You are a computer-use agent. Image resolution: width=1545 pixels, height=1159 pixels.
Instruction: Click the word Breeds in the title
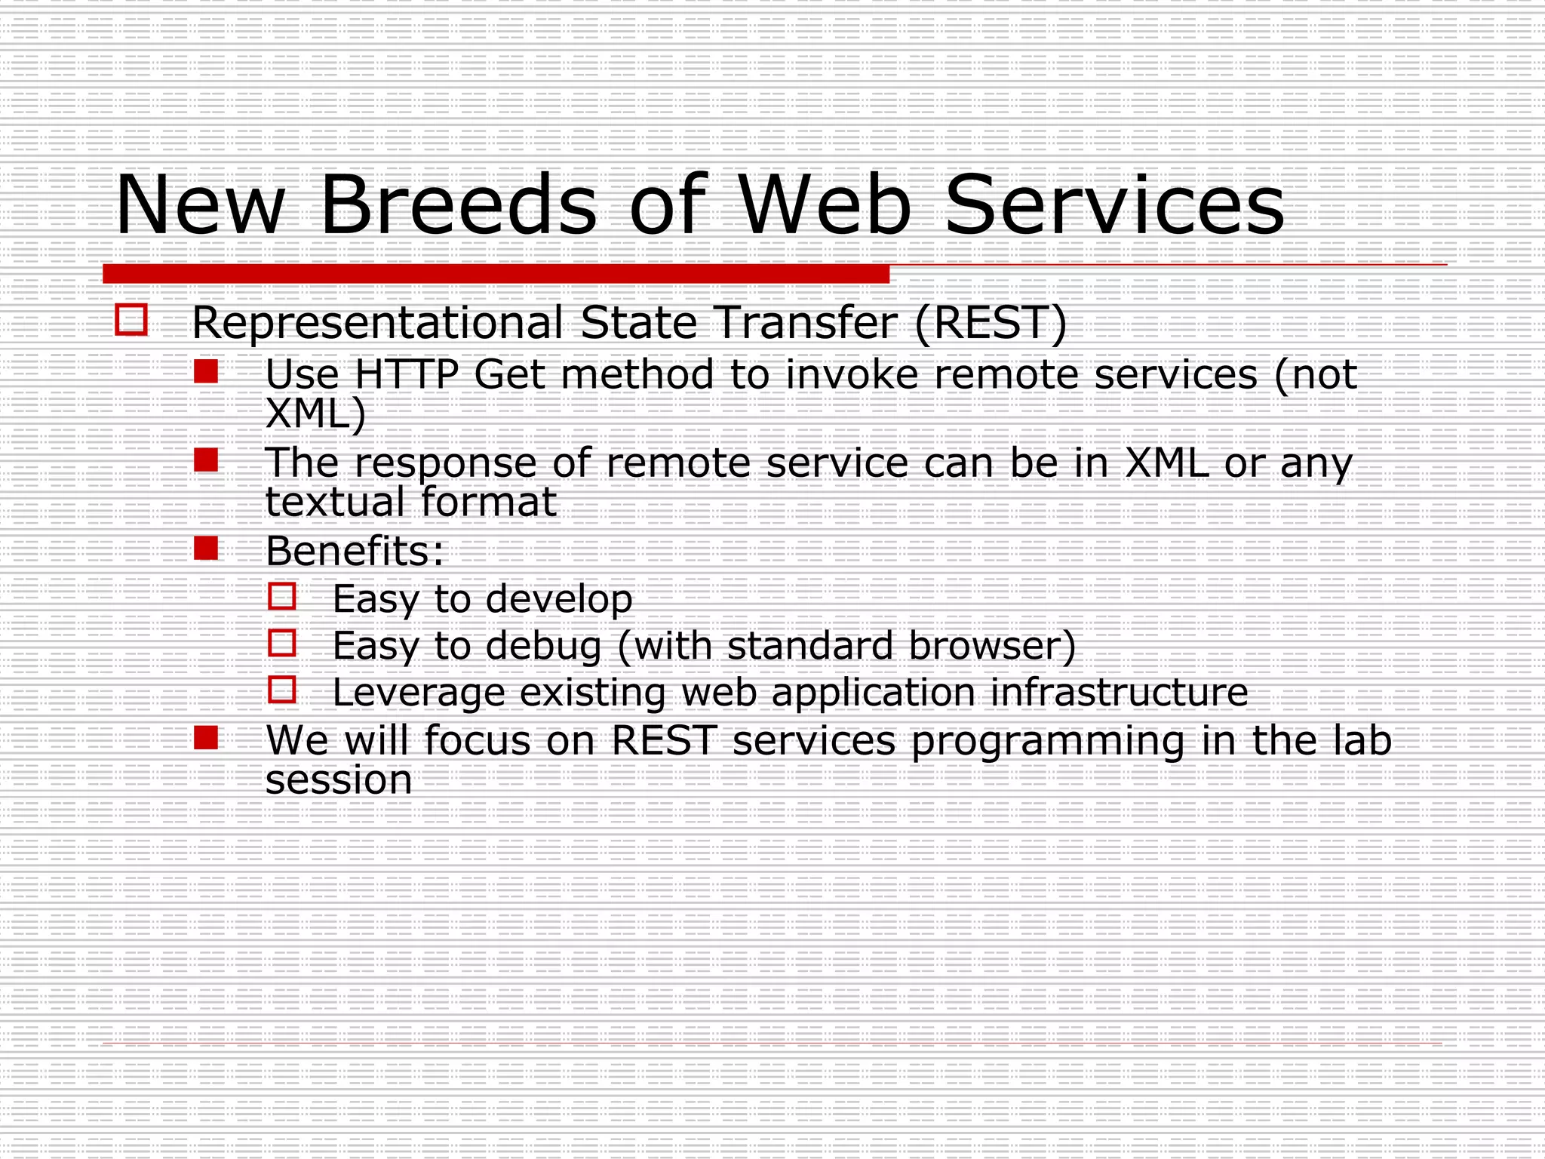458,205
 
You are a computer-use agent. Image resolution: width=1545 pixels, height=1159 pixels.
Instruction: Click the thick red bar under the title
496,274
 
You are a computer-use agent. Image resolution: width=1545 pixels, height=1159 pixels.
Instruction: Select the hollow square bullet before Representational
131,320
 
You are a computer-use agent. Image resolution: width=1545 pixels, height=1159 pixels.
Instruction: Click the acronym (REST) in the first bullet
991,323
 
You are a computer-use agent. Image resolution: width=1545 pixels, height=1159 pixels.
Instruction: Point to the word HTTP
407,374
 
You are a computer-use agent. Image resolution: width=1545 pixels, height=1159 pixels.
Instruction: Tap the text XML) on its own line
315,413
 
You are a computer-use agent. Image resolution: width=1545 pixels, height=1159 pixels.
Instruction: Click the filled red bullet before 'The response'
206,460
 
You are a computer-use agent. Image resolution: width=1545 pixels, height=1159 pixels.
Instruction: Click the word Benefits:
355,551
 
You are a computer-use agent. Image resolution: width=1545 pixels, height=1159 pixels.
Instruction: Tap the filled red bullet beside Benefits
206,548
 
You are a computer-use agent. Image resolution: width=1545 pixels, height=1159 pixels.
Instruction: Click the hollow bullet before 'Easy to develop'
282,597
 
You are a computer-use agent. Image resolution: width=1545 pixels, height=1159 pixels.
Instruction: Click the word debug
543,647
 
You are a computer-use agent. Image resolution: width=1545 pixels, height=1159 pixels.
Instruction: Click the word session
339,780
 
